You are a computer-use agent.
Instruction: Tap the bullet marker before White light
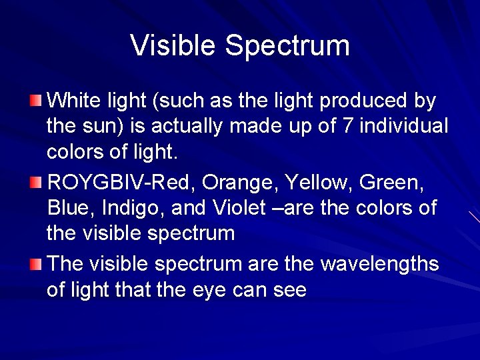pos(35,101)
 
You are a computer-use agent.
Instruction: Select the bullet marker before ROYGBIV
pos(35,182)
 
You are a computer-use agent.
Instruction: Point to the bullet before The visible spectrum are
pos(35,264)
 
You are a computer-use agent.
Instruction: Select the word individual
pos(405,126)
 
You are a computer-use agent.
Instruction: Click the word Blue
pos(71,208)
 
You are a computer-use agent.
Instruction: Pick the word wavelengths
pos(379,265)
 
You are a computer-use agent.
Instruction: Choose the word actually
pos(199,127)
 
